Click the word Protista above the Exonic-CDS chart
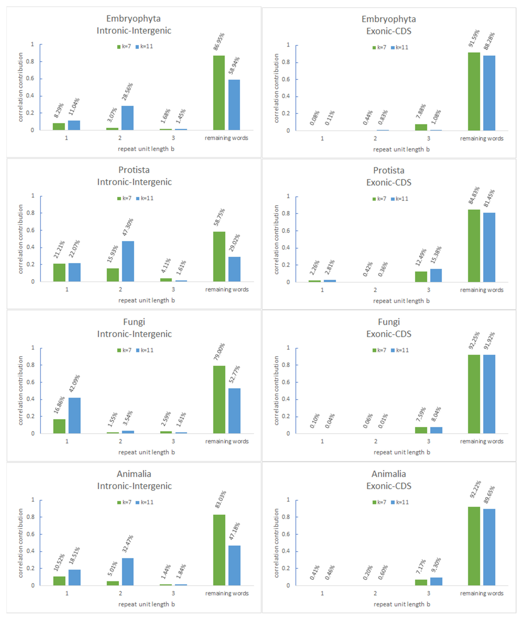click(x=389, y=170)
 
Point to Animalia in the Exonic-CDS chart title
click(x=389, y=474)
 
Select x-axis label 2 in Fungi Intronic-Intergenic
click(x=120, y=441)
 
